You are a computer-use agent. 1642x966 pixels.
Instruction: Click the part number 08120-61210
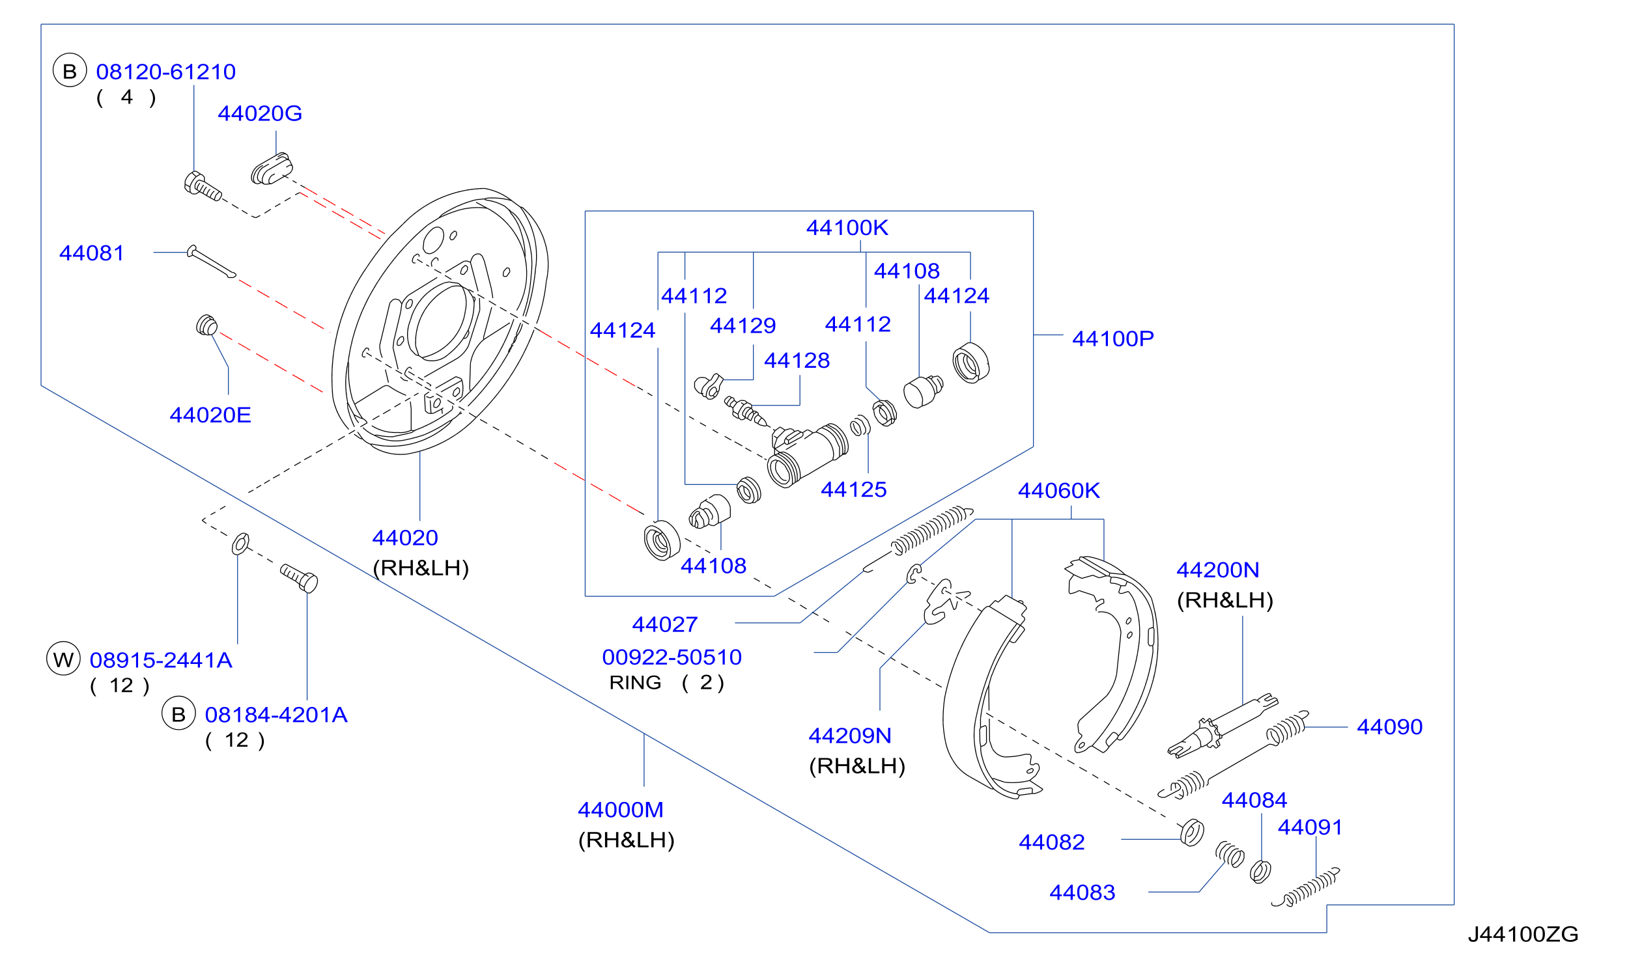[165, 72]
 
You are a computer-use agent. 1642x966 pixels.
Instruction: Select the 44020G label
[260, 113]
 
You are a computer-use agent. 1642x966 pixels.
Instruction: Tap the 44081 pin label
[91, 253]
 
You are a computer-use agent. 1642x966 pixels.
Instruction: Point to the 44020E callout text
[210, 415]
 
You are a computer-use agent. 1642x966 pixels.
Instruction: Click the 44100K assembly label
[847, 227]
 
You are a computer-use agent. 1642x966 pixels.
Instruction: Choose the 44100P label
[1113, 338]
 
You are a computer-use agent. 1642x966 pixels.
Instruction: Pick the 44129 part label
[743, 325]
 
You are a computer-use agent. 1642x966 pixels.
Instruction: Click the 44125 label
[854, 490]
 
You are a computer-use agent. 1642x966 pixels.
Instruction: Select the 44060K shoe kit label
[1059, 491]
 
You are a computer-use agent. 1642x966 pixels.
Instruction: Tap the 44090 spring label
[1390, 726]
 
